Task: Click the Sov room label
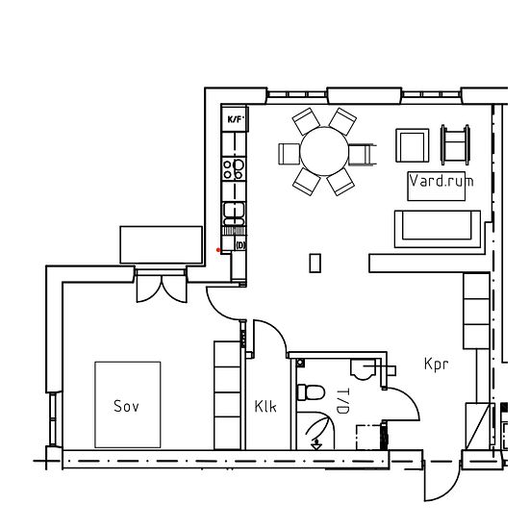click(x=126, y=406)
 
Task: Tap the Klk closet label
click(x=265, y=407)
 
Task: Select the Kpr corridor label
click(x=437, y=365)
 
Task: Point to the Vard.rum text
click(x=441, y=181)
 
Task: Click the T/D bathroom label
click(x=342, y=401)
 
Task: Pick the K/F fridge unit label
click(x=235, y=119)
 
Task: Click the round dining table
click(x=324, y=151)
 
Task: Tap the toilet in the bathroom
click(x=311, y=392)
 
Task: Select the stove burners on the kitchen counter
click(x=234, y=169)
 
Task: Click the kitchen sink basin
click(x=234, y=214)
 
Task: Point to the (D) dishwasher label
click(x=239, y=245)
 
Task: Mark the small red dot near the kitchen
click(x=218, y=250)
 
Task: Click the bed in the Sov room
click(x=128, y=405)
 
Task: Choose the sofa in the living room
click(x=438, y=229)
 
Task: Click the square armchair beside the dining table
click(x=413, y=145)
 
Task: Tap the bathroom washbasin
click(x=363, y=369)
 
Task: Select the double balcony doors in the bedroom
click(x=162, y=286)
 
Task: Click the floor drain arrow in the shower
click(x=316, y=444)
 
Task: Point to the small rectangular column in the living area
click(x=315, y=263)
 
